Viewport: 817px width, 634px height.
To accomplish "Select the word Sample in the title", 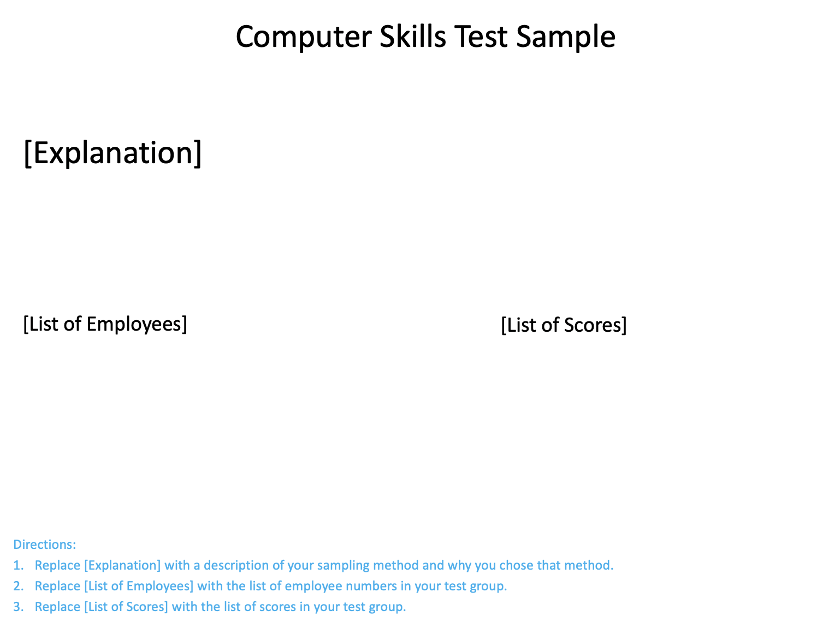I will [x=566, y=37].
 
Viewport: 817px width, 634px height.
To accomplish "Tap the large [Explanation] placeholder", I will [x=113, y=153].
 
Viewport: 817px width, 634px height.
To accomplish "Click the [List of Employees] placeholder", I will [x=105, y=324].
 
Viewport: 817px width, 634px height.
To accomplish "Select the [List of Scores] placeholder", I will [x=564, y=325].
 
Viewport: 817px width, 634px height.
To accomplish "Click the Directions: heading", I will [x=44, y=545].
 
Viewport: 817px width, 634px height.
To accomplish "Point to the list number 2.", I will [x=18, y=586].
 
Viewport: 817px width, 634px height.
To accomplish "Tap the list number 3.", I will [x=18, y=607].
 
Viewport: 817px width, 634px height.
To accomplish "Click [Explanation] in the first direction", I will [x=122, y=565].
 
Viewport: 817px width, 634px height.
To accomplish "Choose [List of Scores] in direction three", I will [x=126, y=607].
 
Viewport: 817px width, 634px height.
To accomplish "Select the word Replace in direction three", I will [x=57, y=607].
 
